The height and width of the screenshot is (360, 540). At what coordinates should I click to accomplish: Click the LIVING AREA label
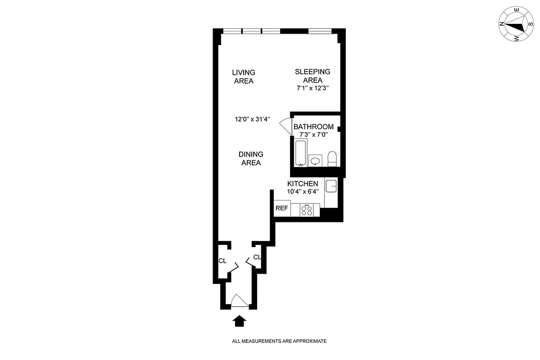click(244, 76)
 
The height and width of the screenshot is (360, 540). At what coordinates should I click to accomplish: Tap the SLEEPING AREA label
click(313, 76)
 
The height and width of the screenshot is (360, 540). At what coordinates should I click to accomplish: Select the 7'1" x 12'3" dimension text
click(313, 89)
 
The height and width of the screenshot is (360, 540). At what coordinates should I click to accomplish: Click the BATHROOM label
click(313, 127)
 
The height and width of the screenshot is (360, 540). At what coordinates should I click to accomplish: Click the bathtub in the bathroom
click(300, 153)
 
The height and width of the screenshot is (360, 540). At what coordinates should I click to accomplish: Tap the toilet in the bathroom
click(332, 158)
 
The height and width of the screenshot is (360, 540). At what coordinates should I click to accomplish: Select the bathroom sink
click(316, 161)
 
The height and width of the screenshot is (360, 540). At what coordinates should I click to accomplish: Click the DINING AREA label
click(251, 158)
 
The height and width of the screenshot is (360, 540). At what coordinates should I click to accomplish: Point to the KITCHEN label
click(303, 184)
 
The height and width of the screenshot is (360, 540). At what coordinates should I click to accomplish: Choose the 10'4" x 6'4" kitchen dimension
click(303, 191)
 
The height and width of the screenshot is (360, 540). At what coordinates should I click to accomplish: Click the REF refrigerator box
click(282, 208)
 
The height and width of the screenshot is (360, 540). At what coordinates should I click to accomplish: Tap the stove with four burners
click(307, 210)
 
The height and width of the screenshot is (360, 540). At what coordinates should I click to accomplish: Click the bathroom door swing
click(286, 126)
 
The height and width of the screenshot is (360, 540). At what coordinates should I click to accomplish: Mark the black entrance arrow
click(240, 320)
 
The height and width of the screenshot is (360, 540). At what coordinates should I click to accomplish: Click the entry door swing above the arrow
click(239, 301)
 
